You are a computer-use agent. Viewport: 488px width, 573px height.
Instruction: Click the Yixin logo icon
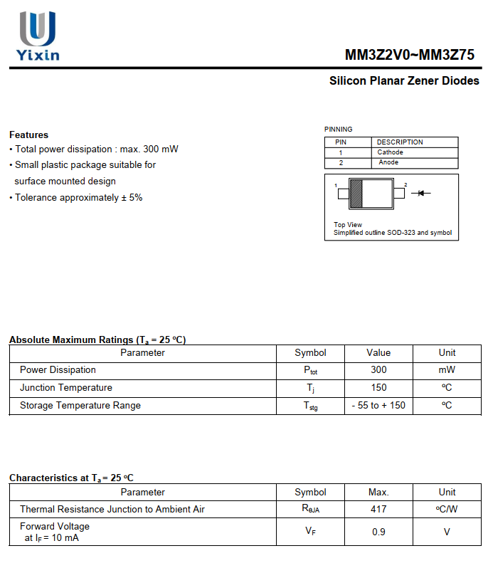(x=37, y=28)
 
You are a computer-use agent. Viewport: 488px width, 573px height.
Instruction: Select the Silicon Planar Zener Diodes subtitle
(x=404, y=81)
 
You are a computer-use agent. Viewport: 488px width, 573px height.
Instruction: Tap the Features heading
(x=29, y=135)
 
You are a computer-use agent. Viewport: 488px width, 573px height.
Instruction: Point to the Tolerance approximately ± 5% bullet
(x=76, y=197)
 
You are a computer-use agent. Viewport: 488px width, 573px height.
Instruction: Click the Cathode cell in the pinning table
(x=390, y=152)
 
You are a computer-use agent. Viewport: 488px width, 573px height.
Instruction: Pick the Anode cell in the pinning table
(x=388, y=162)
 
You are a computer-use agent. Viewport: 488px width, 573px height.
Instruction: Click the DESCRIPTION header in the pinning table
(x=400, y=142)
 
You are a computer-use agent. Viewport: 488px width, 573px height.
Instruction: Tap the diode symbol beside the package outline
(x=421, y=193)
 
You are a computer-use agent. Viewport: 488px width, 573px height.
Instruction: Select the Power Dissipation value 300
(x=378, y=370)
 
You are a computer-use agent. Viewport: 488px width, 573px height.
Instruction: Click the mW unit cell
(x=447, y=370)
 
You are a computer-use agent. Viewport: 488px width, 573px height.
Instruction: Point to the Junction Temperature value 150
(x=378, y=388)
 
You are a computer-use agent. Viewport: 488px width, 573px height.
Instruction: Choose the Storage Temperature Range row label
(x=80, y=406)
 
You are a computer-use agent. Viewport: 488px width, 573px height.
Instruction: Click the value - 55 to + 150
(x=378, y=406)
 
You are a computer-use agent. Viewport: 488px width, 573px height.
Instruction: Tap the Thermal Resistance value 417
(x=378, y=510)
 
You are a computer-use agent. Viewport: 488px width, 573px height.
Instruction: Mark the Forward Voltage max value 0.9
(x=378, y=532)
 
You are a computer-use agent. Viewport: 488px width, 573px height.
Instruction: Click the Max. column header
(x=378, y=493)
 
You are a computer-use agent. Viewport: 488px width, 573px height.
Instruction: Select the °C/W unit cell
(x=447, y=510)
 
